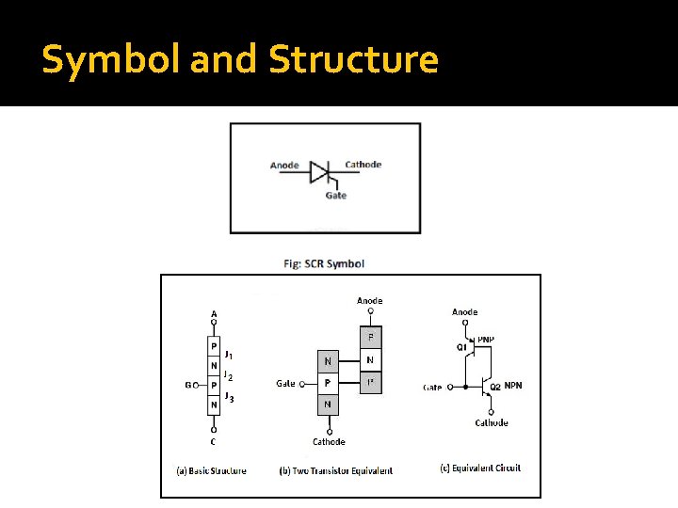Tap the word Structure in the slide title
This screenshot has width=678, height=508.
pos(353,60)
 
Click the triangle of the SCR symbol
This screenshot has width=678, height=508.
pos(320,172)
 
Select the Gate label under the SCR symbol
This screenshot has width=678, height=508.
pos(335,196)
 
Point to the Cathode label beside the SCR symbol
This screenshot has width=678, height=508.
pos(363,165)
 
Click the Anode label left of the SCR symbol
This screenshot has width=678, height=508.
pos(284,166)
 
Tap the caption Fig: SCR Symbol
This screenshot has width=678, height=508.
pos(324,263)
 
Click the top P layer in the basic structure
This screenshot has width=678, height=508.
pos(215,346)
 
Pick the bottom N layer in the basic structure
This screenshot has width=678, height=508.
pos(215,405)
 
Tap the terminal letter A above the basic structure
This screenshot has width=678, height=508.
pos(214,314)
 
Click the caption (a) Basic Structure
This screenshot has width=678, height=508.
pos(211,470)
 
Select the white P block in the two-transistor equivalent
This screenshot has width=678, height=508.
pos(327,383)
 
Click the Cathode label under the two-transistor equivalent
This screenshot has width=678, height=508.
pos(329,441)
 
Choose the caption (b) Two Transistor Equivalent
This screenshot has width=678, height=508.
pos(336,470)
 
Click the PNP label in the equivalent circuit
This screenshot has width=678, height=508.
pos(486,340)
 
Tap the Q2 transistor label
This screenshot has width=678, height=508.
pos(496,386)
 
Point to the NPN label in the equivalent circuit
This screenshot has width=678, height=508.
pos(513,386)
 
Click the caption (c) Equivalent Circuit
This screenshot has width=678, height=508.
pos(480,468)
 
